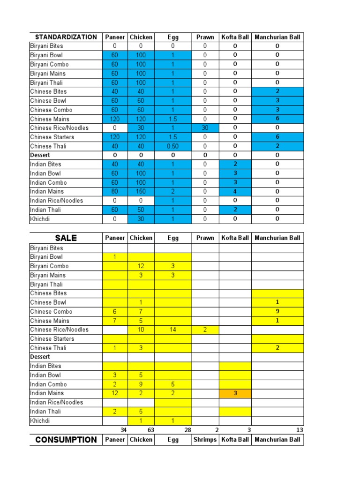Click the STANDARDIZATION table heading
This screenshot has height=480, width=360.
(66, 37)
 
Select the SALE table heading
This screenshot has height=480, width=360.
(66, 238)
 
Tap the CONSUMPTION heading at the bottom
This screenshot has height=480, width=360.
(66, 440)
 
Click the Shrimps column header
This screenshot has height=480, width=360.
(205, 440)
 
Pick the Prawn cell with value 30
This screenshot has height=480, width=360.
(205, 128)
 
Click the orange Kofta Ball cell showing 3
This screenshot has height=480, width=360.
(235, 393)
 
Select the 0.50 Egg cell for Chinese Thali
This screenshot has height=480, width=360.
(173, 146)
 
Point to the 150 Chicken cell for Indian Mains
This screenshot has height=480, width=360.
(141, 191)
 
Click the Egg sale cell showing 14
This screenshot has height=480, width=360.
(173, 330)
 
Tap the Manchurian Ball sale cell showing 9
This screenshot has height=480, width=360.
(277, 312)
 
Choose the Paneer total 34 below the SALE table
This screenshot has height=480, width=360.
(123, 430)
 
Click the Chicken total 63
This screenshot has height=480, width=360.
(150, 430)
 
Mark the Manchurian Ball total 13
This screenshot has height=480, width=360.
(300, 430)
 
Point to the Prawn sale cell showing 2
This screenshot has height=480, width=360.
(205, 330)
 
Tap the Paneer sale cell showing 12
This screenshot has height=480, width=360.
(115, 393)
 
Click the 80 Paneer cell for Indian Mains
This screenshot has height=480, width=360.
(115, 191)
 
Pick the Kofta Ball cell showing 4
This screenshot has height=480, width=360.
(235, 191)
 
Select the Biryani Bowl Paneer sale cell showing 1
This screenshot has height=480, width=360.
(115, 257)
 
